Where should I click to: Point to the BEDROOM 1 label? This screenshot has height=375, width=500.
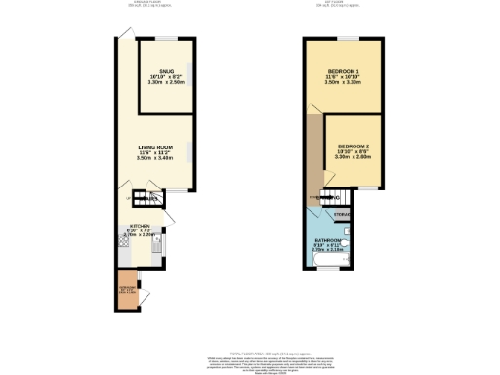[x=343, y=73]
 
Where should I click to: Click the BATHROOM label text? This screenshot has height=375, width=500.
[x=327, y=239]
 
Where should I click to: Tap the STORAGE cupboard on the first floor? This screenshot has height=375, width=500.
[x=343, y=214]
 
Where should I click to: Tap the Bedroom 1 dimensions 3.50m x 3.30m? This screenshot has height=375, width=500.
[x=343, y=83]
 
